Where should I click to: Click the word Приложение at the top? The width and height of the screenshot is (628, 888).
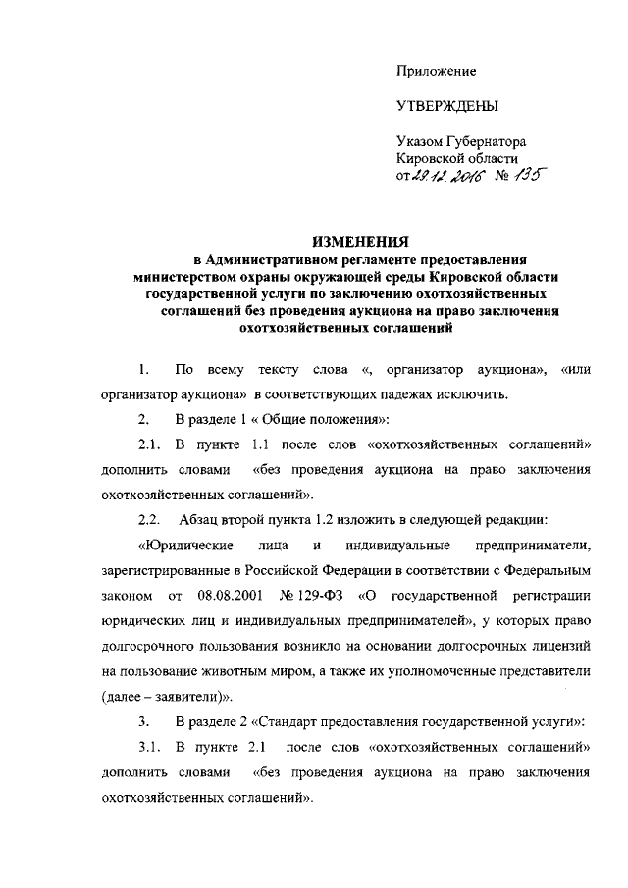click(x=436, y=70)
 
